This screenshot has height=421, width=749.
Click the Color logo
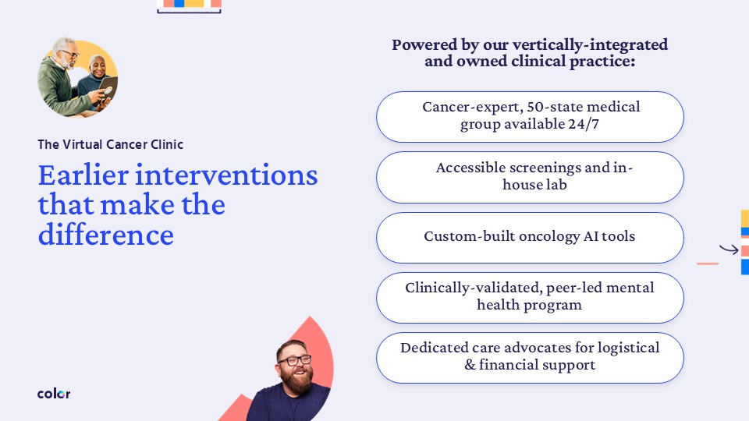point(54,393)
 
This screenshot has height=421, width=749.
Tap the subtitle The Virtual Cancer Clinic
point(110,144)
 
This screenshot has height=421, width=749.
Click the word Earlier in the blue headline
point(83,175)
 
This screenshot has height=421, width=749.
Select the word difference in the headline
point(105,235)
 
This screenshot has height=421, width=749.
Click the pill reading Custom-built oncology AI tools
point(530,238)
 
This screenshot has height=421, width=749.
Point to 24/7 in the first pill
point(584,124)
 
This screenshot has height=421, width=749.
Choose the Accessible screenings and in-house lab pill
point(530,177)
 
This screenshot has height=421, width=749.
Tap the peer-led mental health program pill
point(530,298)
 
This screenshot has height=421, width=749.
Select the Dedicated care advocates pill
point(530,358)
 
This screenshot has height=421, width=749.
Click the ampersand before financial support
point(470,365)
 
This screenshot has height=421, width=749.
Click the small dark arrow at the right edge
point(729,249)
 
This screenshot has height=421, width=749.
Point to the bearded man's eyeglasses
point(294,360)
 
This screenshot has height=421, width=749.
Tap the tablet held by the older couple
point(108,89)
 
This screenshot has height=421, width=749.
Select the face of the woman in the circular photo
point(98,67)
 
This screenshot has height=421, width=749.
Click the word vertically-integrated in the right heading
point(590,44)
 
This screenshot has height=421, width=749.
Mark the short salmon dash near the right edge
point(708,264)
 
